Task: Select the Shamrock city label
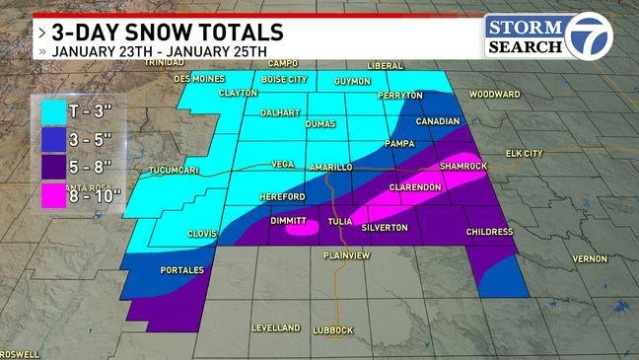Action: [464, 166]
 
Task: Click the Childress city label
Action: [490, 232]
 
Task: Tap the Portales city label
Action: [181, 269]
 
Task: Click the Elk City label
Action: [524, 154]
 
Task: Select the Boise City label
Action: [285, 79]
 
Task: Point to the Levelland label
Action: [275, 326]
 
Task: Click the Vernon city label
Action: [589, 258]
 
